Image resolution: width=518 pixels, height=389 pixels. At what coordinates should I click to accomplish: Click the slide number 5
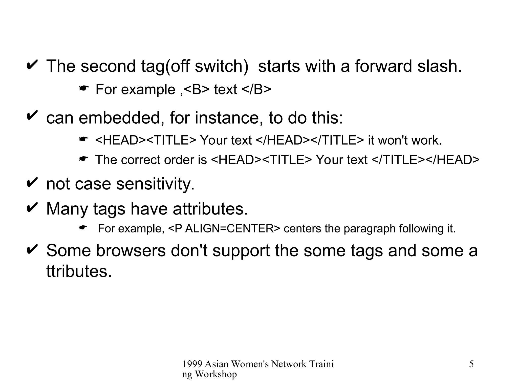point(471,364)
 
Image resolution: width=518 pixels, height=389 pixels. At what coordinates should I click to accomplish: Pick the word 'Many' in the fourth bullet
point(67,209)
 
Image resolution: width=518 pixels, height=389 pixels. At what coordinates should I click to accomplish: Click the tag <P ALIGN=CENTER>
point(224,229)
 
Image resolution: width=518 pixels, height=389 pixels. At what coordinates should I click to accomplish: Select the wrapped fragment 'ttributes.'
point(79,271)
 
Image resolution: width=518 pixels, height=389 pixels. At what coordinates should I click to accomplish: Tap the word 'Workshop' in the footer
point(216,374)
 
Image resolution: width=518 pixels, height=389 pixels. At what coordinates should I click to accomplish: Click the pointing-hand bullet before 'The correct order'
point(83,159)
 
